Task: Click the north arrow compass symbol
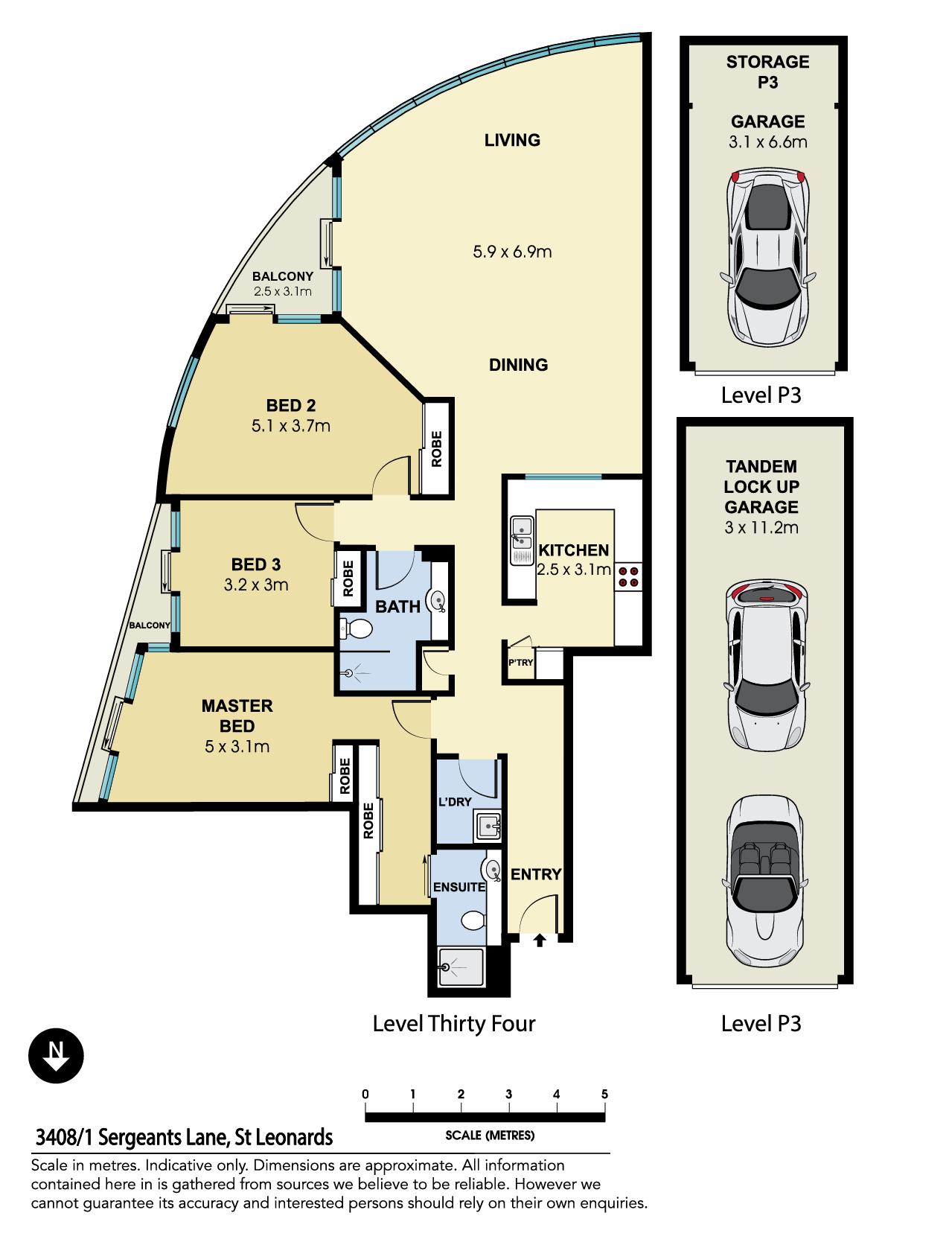(56, 1055)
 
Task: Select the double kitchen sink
(520, 538)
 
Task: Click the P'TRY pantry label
(520, 663)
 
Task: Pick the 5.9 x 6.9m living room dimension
(512, 252)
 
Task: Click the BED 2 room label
(290, 406)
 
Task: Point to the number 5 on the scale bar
(604, 1095)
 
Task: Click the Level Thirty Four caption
(454, 1023)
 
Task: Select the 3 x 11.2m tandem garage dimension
(761, 528)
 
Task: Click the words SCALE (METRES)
(490, 1136)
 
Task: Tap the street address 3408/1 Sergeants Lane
(184, 1137)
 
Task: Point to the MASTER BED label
(237, 716)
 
